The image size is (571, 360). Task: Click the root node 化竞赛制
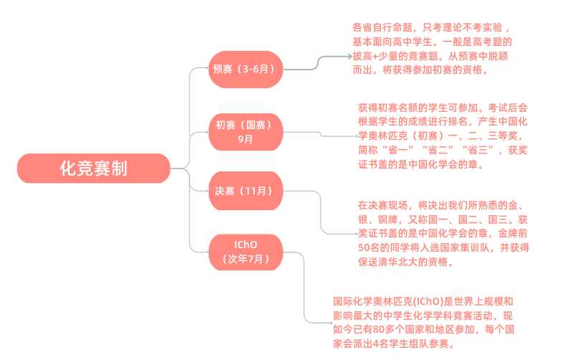(x=94, y=169)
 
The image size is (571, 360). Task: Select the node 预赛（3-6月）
(x=245, y=70)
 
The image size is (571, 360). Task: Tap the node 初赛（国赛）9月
(x=245, y=132)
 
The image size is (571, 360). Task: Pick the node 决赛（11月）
(x=245, y=191)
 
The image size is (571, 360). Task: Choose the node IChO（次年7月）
(x=245, y=252)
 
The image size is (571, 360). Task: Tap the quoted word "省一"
(x=398, y=150)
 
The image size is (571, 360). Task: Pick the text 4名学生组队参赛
(x=409, y=344)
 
